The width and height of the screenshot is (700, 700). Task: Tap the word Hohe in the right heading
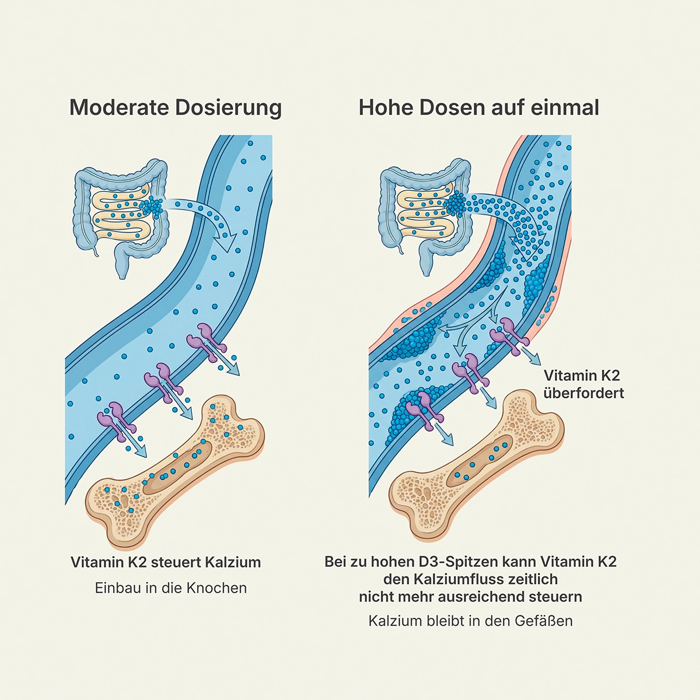click(386, 108)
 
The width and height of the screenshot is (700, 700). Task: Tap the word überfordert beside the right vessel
click(583, 393)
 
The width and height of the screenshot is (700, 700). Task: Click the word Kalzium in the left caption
click(233, 562)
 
